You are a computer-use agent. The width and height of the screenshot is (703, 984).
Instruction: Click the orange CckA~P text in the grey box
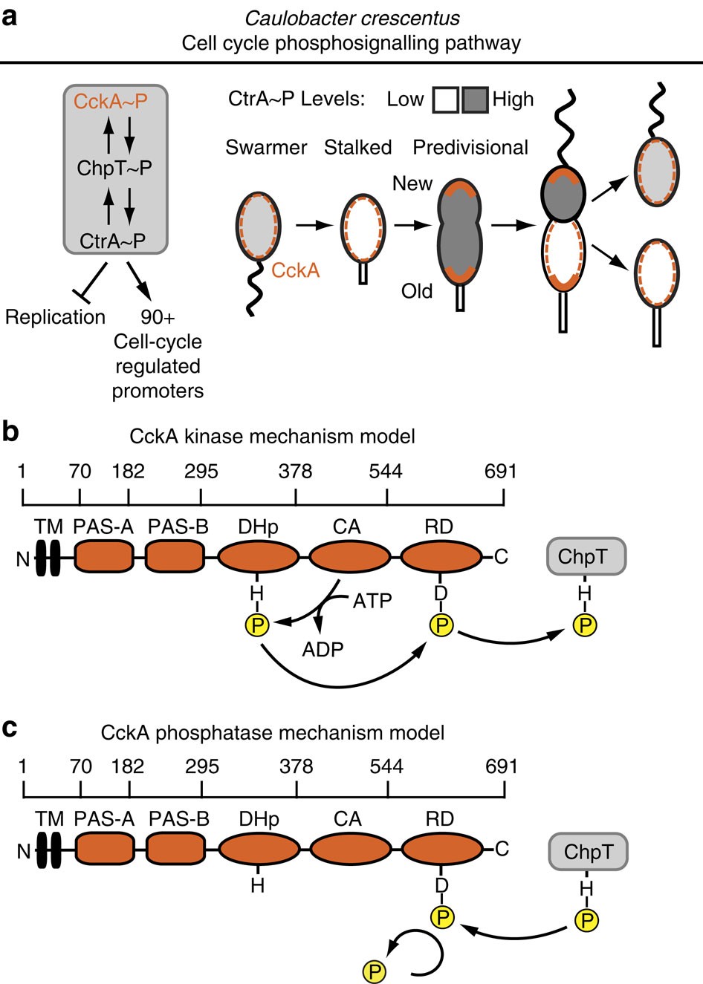coord(110,101)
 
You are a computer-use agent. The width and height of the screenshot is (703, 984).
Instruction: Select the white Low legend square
coord(445,100)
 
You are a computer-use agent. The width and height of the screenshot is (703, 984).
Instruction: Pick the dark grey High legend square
coord(475,100)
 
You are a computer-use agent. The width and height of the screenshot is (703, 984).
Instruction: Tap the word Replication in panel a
coord(55,317)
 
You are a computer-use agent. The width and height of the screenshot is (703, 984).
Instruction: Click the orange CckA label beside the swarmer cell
coord(295,270)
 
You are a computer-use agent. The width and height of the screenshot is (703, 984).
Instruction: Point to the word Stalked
coord(357,148)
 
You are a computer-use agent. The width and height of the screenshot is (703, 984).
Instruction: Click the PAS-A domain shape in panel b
coord(103,556)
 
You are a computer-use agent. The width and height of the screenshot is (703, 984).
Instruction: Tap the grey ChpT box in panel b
coord(586,556)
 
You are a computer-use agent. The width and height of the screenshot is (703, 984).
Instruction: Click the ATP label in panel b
coord(372,600)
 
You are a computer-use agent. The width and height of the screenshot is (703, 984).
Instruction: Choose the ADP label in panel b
coord(323,649)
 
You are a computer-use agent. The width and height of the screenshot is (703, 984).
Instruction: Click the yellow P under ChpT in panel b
coord(586,626)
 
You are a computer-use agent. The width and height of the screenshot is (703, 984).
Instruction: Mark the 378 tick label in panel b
coord(296,472)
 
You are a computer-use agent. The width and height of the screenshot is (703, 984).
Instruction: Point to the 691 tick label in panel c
coord(501,766)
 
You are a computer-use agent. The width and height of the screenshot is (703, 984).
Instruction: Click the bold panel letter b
coord(10,431)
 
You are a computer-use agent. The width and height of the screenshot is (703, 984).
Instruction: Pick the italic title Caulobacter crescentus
coord(351,18)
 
